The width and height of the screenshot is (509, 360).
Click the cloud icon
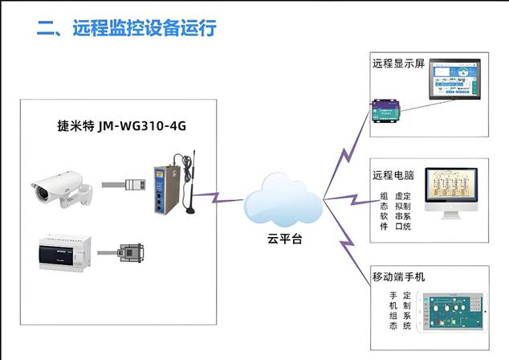(283, 201)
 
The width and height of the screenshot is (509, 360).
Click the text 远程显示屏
(397, 63)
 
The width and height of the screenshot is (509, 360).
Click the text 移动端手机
(398, 276)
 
